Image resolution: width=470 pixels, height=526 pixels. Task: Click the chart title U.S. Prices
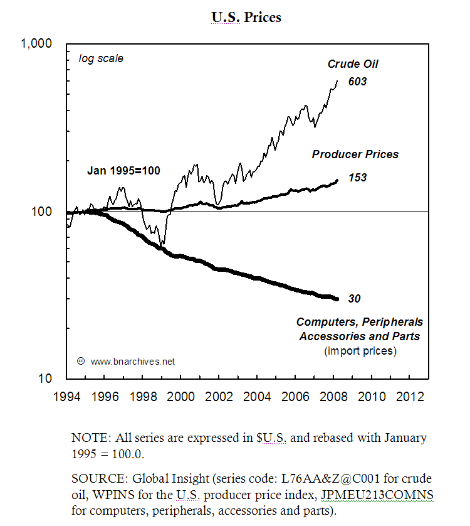point(246,17)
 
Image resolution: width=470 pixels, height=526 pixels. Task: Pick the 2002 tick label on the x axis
point(219,397)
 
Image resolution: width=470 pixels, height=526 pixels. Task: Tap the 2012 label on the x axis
point(409,397)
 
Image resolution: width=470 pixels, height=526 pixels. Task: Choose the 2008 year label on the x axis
point(333,397)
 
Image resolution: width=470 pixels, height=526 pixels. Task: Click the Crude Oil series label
point(353,63)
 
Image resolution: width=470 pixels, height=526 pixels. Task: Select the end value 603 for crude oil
point(357,82)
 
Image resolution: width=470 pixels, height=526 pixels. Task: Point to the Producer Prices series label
point(355,154)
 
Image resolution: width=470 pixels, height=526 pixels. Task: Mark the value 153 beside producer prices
point(357,178)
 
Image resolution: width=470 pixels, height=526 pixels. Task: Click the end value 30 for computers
point(354,299)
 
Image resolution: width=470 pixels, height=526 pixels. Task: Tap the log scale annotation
point(101,59)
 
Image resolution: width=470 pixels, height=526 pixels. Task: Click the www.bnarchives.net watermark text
point(132,362)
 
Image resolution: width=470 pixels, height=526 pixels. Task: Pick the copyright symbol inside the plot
point(80,361)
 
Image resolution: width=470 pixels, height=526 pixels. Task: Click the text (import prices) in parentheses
point(360,351)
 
